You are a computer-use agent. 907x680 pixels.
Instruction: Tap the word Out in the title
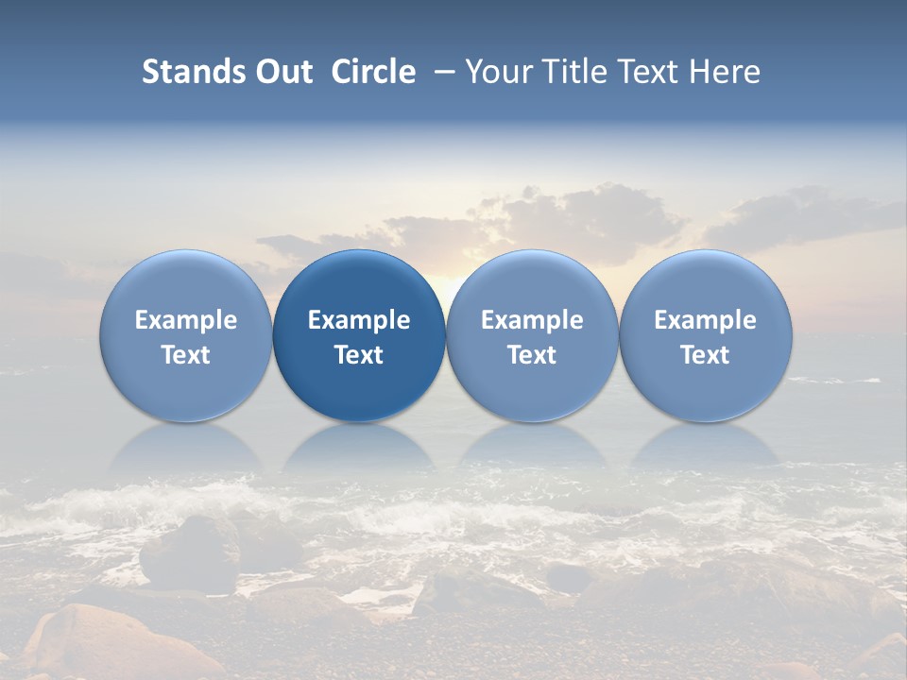(x=282, y=72)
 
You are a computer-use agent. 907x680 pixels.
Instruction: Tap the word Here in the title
(x=725, y=72)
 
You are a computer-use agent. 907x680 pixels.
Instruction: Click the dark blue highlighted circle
(x=359, y=336)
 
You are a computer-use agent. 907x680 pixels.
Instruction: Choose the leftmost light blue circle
(x=185, y=336)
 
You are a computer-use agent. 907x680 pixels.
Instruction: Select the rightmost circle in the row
(x=705, y=336)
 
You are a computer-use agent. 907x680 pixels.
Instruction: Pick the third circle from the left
(x=532, y=336)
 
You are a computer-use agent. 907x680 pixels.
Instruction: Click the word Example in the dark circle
(x=359, y=320)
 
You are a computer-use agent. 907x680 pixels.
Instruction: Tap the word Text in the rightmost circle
(x=705, y=355)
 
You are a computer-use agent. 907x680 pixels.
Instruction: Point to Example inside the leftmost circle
(x=185, y=320)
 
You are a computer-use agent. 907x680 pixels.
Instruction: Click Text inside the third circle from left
(x=532, y=355)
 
